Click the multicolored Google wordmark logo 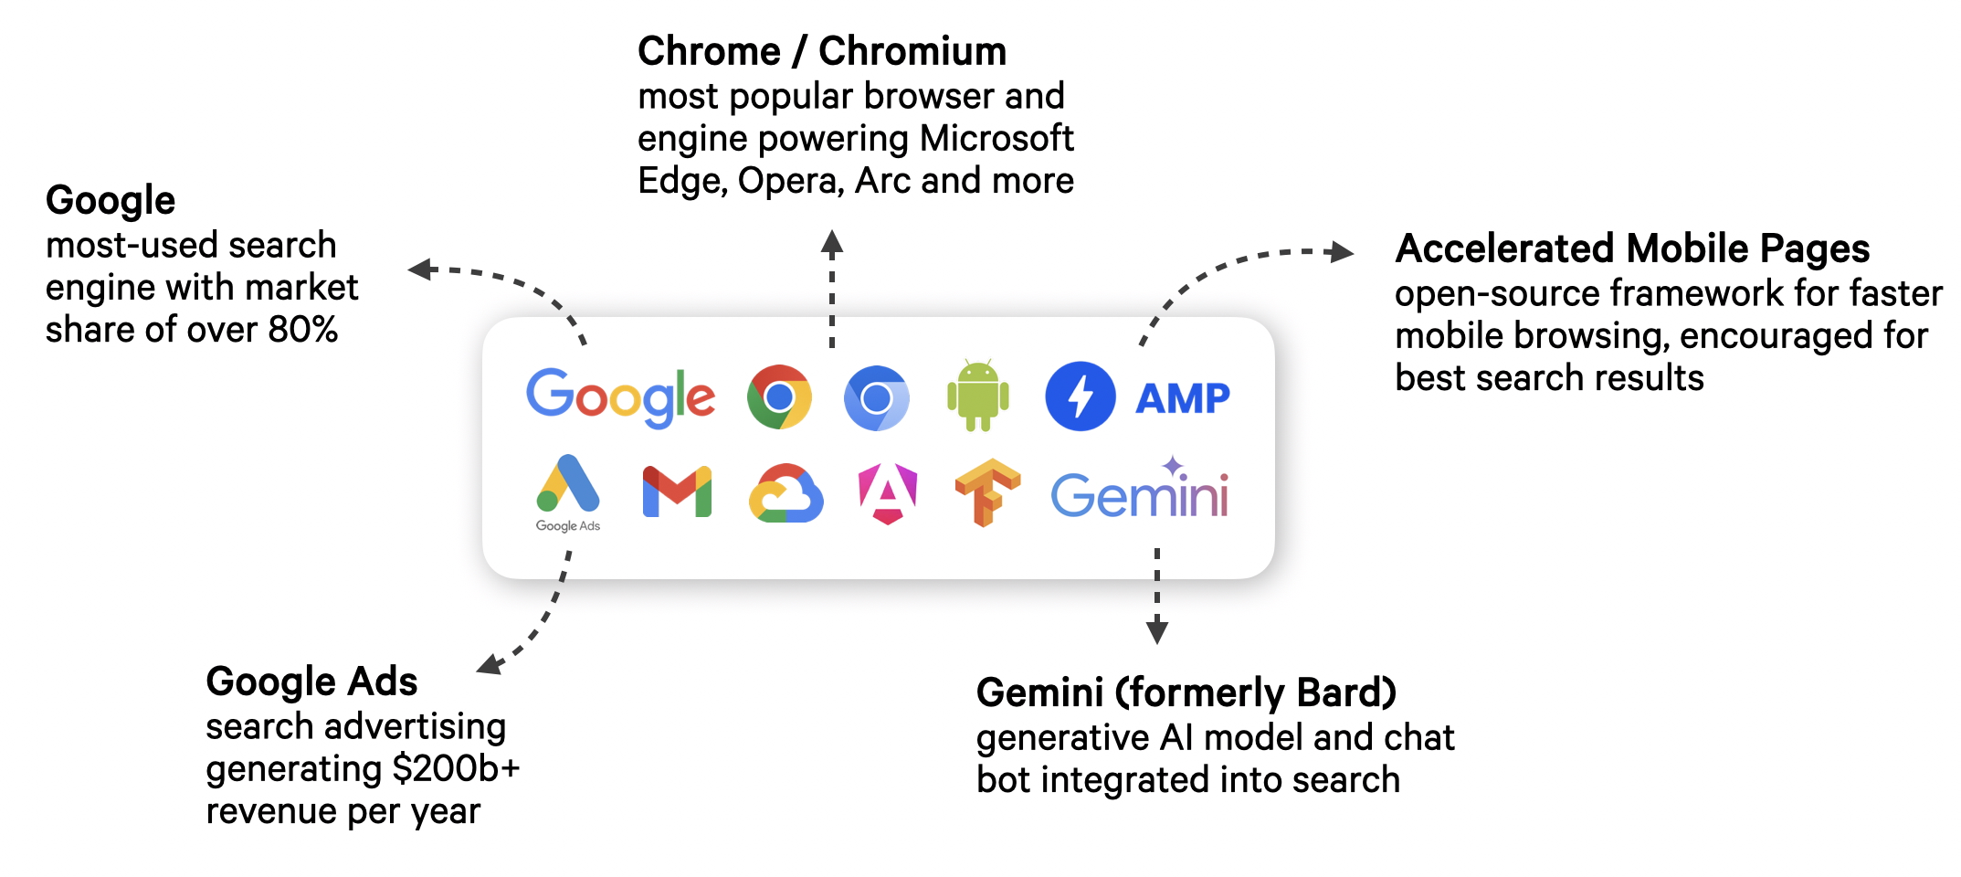[x=620, y=397]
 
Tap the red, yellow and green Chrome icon [x=779, y=397]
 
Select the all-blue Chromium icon [x=877, y=397]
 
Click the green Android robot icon [x=978, y=396]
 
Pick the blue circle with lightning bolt [x=1081, y=396]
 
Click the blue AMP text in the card [x=1183, y=398]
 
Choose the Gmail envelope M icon [x=677, y=491]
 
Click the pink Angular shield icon [x=888, y=493]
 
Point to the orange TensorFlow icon [x=986, y=491]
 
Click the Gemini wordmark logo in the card [x=1140, y=493]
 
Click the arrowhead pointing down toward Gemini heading [x=1157, y=631]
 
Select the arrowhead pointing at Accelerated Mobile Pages [x=1341, y=251]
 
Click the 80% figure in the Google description [x=303, y=330]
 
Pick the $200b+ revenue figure [x=455, y=768]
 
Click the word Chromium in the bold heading [x=912, y=51]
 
